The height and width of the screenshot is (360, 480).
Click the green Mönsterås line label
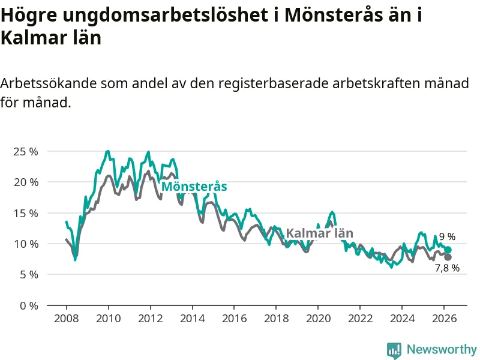pyautogui.click(x=194, y=187)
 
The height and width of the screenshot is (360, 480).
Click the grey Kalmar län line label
pyautogui.click(x=319, y=233)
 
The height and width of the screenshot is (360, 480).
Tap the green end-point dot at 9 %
pyautogui.click(x=448, y=250)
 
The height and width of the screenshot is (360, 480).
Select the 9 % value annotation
pyautogui.click(x=447, y=237)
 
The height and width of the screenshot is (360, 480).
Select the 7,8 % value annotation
pyautogui.click(x=447, y=268)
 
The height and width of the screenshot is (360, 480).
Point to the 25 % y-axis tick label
pyautogui.click(x=25, y=151)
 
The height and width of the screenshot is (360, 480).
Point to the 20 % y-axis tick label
pyautogui.click(x=25, y=182)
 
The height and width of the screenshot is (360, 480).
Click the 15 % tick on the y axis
pyautogui.click(x=25, y=213)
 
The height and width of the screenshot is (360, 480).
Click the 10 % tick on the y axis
pyautogui.click(x=25, y=244)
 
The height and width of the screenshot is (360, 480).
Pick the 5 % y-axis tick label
pyautogui.click(x=28, y=275)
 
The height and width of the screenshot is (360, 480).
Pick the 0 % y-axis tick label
pyautogui.click(x=28, y=305)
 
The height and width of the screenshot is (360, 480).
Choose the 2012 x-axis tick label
pyautogui.click(x=150, y=319)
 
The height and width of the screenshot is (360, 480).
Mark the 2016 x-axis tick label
pyautogui.click(x=234, y=319)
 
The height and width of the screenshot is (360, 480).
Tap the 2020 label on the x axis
pyautogui.click(x=318, y=319)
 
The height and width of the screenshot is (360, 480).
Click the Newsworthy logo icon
pyautogui.click(x=394, y=350)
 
